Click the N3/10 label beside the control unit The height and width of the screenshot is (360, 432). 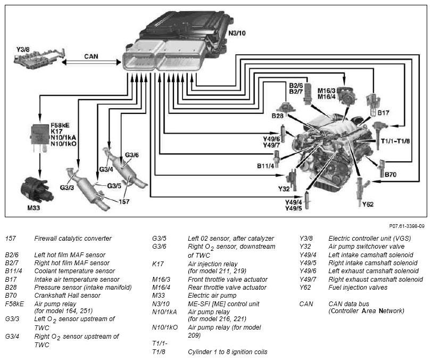tap(237, 33)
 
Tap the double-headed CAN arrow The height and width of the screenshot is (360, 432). tap(91, 62)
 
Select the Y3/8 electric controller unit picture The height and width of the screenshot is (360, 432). tap(39, 59)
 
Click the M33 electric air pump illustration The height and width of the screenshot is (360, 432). tap(37, 190)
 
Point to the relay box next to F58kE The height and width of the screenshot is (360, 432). tap(40, 135)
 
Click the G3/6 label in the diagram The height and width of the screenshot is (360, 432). tap(132, 155)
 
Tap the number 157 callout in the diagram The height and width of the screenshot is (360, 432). tap(124, 202)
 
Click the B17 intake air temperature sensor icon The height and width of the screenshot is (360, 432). tap(372, 105)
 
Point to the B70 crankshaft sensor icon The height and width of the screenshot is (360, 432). tap(382, 168)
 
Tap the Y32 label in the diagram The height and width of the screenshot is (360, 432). tap(284, 189)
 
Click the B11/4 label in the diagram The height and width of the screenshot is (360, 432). tap(265, 166)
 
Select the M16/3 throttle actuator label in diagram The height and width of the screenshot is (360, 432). tap(326, 91)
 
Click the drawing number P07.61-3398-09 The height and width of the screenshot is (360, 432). tap(406, 226)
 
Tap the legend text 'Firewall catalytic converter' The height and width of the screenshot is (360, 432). tap(73, 239)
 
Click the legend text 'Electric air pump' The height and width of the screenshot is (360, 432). tap(212, 296)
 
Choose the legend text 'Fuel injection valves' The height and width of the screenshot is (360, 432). tap(358, 288)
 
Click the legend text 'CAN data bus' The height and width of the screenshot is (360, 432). tap(348, 304)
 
